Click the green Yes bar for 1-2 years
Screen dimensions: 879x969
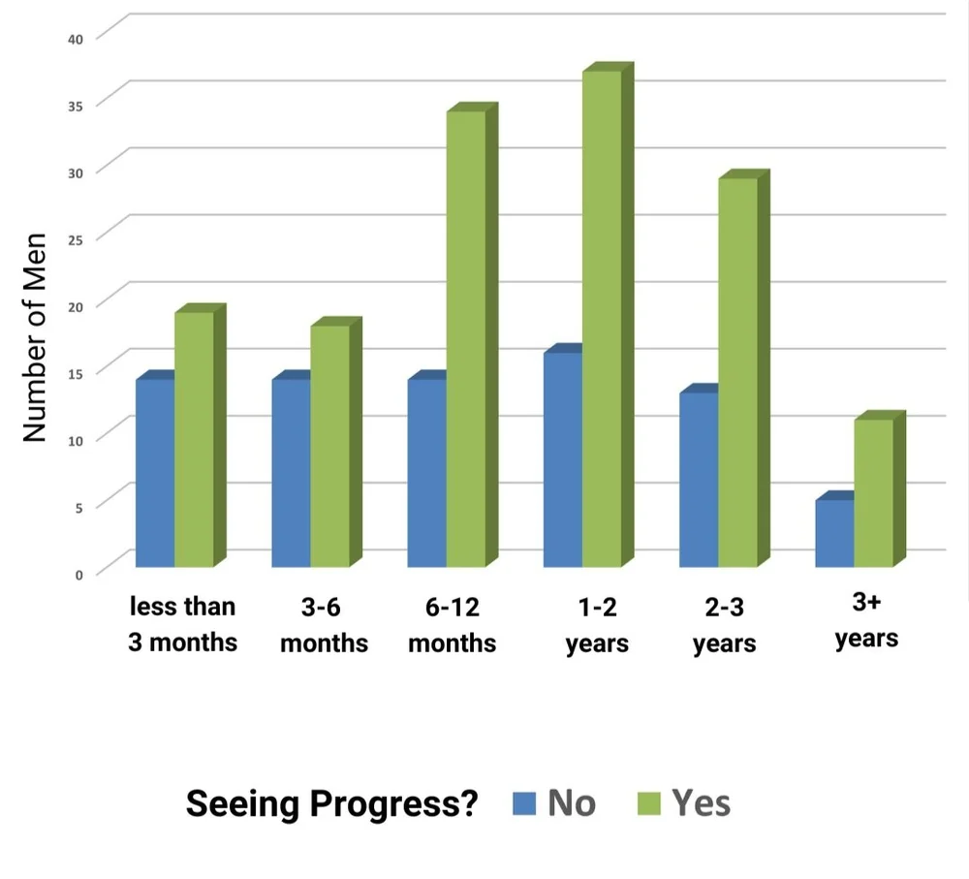(602, 320)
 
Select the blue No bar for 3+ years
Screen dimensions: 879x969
(834, 533)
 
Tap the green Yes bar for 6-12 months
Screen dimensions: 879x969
(466, 339)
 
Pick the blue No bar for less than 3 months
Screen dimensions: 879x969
(155, 473)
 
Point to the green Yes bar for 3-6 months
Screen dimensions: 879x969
(329, 446)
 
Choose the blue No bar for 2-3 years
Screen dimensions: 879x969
(699, 480)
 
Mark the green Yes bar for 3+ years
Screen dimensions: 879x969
(873, 492)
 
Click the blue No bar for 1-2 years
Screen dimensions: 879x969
(563, 460)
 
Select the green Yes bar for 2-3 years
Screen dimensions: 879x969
(737, 373)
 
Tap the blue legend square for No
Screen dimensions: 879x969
(524, 803)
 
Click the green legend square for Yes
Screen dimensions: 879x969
(648, 803)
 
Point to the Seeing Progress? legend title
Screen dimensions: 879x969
(332, 803)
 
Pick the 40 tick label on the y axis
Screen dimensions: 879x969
(76, 38)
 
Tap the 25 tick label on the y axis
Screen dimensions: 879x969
(76, 238)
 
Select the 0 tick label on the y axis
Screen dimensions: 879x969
(79, 573)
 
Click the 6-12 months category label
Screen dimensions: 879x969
(453, 625)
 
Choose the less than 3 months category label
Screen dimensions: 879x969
(182, 624)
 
